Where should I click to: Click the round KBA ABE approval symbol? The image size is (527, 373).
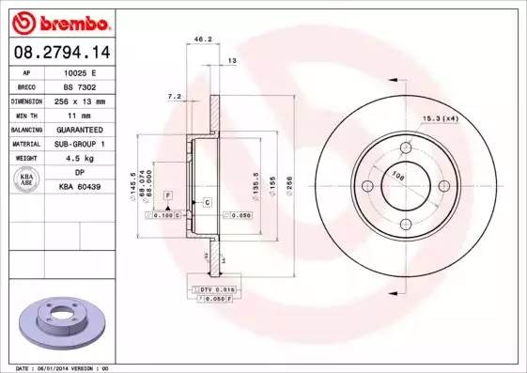27,179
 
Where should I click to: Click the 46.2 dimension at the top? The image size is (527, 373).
200,39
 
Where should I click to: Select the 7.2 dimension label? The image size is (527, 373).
173,96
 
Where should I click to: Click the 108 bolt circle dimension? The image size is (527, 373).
397,176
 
